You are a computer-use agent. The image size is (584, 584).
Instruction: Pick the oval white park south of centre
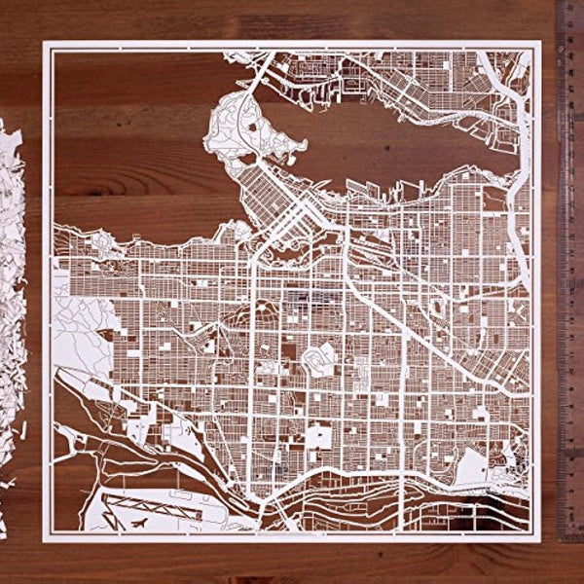321,361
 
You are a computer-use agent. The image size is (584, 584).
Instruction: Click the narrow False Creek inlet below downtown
292,243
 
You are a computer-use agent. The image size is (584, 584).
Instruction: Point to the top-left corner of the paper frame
46,44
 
